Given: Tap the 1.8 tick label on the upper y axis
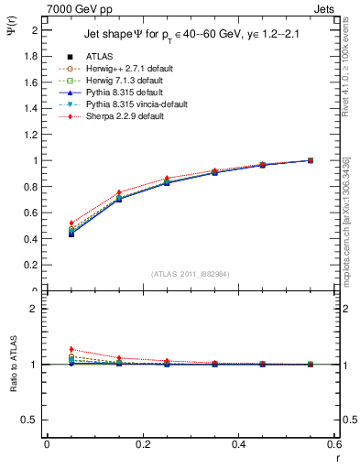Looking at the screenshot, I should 30,56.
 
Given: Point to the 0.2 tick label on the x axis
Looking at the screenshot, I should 142,444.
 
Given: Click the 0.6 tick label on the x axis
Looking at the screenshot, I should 334,444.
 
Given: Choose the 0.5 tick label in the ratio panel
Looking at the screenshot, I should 30,420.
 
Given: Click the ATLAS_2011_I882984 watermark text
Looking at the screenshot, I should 190,274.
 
